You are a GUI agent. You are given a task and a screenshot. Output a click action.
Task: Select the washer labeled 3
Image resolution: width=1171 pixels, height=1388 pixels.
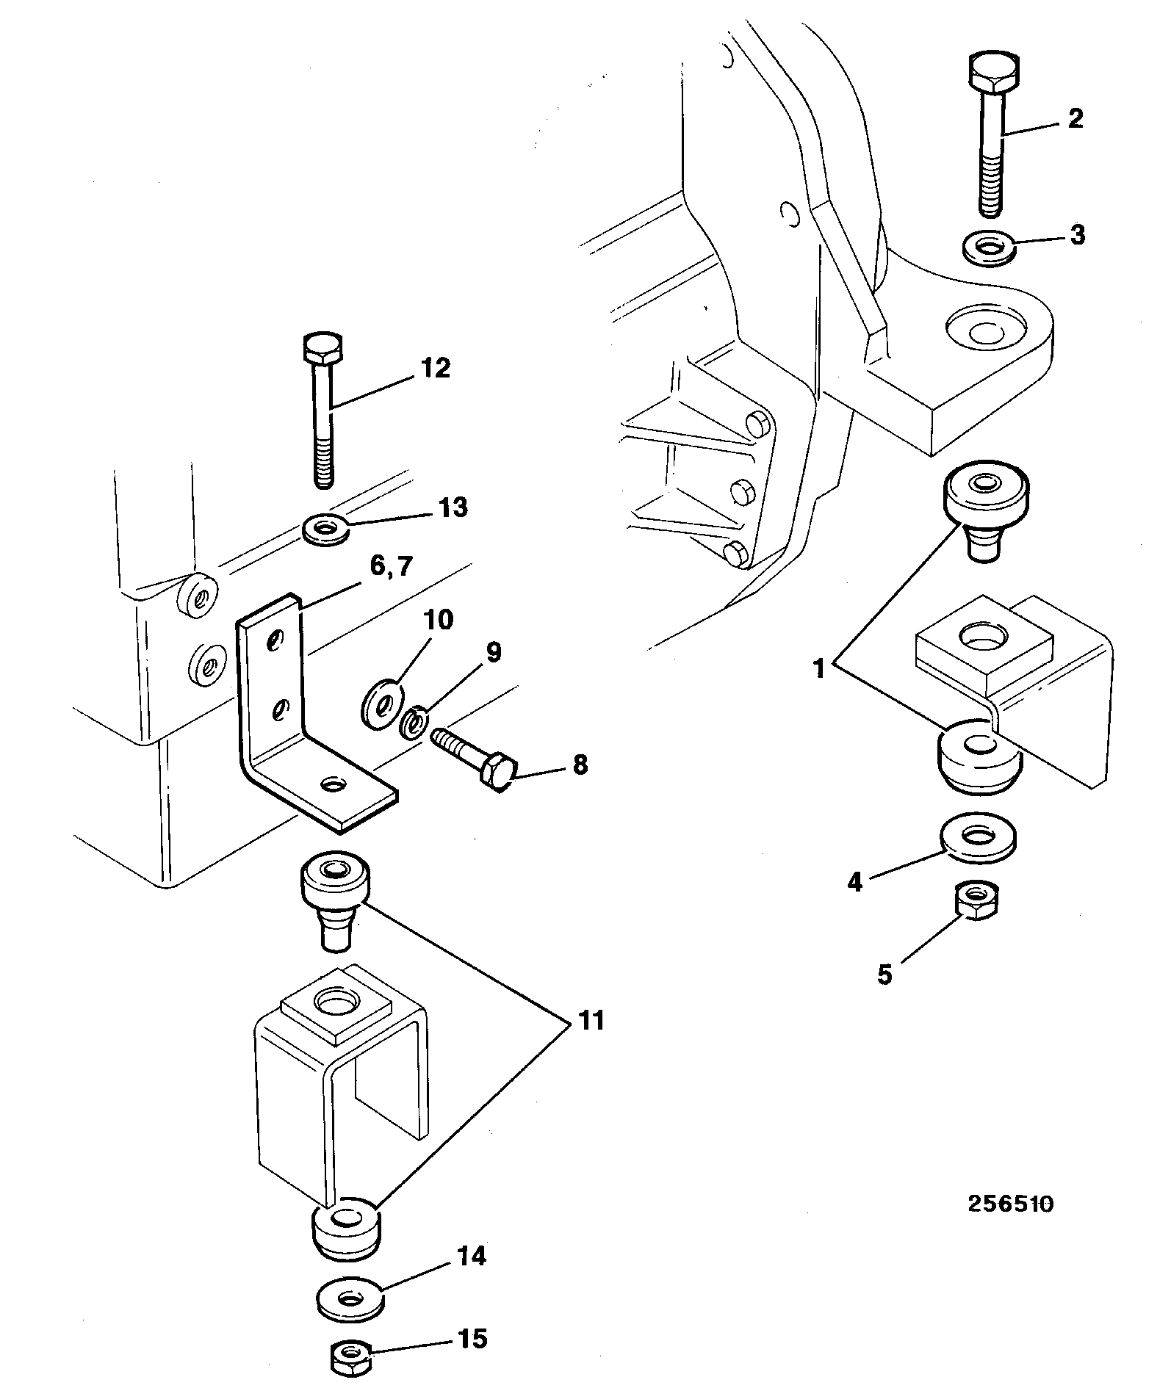coord(989,248)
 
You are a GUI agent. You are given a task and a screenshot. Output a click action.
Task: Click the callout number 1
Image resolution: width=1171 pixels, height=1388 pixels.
coord(821,670)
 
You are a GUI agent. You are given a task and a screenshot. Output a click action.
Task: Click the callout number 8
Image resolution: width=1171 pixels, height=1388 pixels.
coord(580,766)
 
